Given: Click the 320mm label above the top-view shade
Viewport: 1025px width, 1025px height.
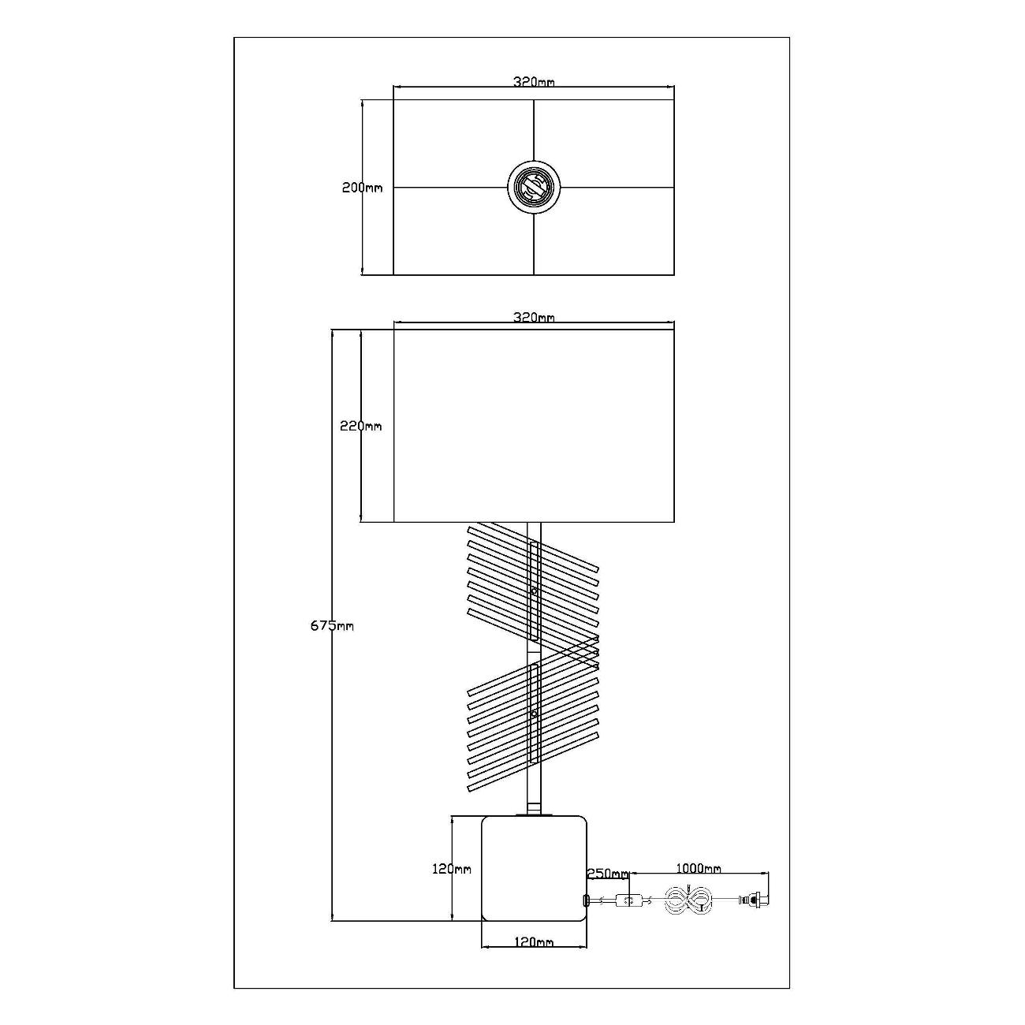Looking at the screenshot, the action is click(534, 82).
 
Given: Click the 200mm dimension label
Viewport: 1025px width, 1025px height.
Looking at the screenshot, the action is click(362, 188).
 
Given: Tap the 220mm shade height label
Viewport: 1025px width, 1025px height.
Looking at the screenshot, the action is click(360, 426).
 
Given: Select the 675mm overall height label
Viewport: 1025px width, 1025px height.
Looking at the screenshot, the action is click(332, 626).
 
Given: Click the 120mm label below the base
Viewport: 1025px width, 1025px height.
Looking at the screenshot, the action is click(534, 942).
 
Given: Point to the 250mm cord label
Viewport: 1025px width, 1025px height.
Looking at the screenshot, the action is click(607, 874).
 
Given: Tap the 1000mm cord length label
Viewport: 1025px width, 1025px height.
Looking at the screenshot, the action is click(699, 869).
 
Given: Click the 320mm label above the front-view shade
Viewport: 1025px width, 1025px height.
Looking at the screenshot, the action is click(534, 317).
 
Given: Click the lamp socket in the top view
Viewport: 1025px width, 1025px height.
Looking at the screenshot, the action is click(534, 187).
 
